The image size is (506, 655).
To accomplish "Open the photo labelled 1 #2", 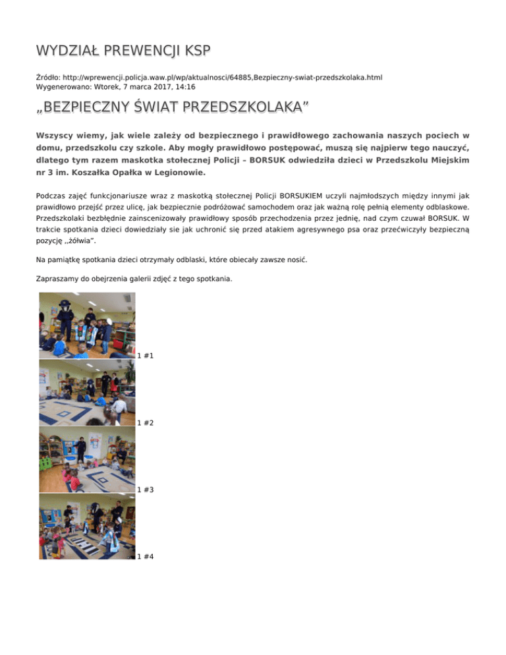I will (x=87, y=392).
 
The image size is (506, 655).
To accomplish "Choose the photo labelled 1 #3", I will (x=87, y=459).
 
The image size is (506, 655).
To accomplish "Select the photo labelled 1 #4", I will (x=87, y=527).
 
